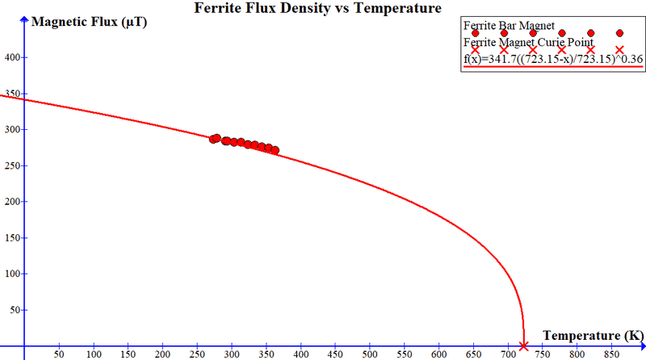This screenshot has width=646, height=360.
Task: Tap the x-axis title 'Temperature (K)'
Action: coord(593,335)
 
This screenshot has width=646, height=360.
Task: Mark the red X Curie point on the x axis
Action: coord(523,346)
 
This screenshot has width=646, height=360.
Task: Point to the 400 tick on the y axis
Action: coord(13,57)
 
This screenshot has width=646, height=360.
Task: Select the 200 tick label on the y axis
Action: coord(13,202)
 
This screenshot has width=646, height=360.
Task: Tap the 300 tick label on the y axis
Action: coord(13,129)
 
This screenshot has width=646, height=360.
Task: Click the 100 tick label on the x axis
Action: coord(94,354)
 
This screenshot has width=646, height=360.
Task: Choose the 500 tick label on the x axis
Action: coord(370,354)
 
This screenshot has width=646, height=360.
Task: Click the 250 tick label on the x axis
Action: coord(197,354)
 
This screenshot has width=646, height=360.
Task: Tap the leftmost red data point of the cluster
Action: coord(214,139)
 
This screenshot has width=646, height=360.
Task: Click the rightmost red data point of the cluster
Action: coord(275,150)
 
